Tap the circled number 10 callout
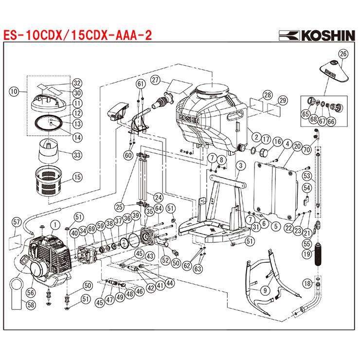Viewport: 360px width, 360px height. (x=14, y=90)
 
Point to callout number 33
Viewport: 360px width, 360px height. (x=77, y=155)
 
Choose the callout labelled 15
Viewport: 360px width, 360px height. (x=77, y=177)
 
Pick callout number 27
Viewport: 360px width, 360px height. (x=155, y=80)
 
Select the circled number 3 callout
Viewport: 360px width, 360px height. (x=240, y=166)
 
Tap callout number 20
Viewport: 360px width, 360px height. (x=296, y=144)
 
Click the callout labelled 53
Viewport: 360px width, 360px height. (x=306, y=176)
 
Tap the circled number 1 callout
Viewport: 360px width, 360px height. (x=55, y=224)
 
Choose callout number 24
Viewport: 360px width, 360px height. (x=158, y=197)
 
